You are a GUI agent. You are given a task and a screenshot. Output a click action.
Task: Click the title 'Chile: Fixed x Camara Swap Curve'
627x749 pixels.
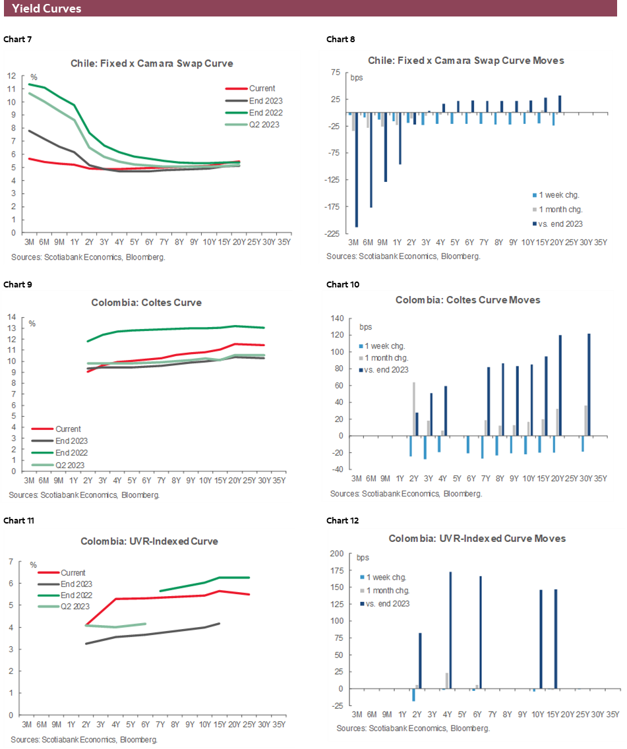tap(152, 63)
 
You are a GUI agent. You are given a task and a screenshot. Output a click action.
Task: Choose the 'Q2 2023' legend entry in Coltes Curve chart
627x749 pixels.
tap(63, 465)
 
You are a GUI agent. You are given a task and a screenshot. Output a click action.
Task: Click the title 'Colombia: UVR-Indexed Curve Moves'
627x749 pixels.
tap(477, 538)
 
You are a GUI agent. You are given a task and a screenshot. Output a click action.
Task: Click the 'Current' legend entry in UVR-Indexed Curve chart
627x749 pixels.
tap(73, 573)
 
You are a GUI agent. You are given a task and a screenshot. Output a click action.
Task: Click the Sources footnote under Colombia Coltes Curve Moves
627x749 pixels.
tap(405, 493)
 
